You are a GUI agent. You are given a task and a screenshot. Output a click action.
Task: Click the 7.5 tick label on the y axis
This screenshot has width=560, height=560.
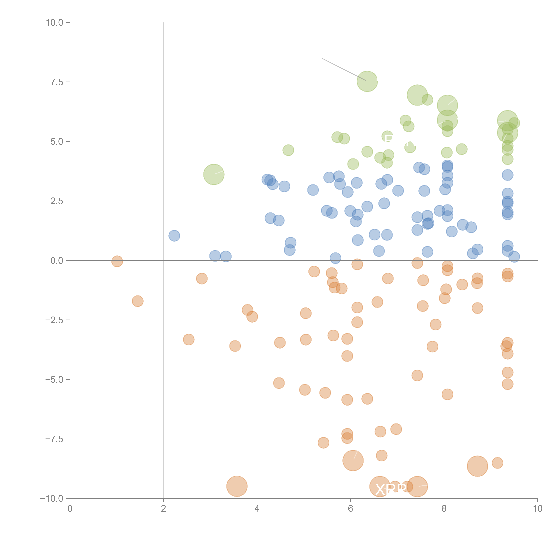tap(57, 82)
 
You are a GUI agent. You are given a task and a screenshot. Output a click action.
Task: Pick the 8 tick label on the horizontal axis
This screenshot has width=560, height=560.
tap(444, 509)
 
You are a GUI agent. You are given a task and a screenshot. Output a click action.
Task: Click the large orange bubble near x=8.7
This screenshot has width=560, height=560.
tap(477, 466)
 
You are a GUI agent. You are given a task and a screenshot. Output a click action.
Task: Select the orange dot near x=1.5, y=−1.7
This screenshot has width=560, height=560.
tap(138, 301)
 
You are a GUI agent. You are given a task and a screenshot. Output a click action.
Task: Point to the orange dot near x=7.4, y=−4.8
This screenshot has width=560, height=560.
tap(417, 375)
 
